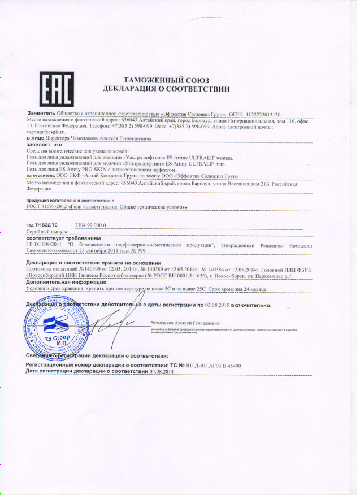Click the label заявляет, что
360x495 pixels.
[42, 144]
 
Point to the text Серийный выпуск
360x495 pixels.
[47, 232]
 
